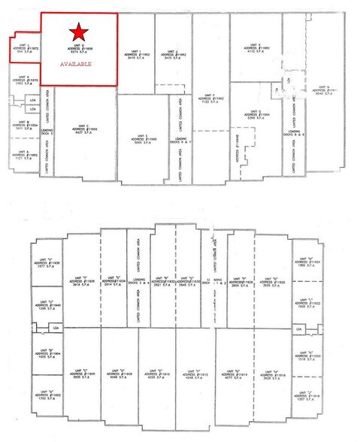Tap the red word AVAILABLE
pyautogui.click(x=76, y=65)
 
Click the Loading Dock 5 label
pyautogui.click(x=45, y=133)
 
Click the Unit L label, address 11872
pyautogui.click(x=28, y=48)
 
